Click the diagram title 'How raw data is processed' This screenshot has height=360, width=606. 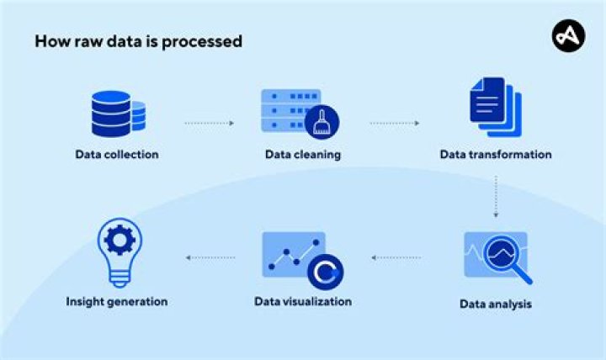pyautogui.click(x=138, y=41)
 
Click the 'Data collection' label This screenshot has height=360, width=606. pyautogui.click(x=117, y=154)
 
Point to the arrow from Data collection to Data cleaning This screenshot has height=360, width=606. pyautogui.click(x=209, y=123)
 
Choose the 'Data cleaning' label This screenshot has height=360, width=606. pyautogui.click(x=303, y=154)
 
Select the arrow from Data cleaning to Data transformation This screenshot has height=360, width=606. pyautogui.click(x=394, y=123)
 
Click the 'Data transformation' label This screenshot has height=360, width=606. pyautogui.click(x=496, y=154)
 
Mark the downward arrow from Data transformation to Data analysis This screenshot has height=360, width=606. pyautogui.click(x=496, y=196)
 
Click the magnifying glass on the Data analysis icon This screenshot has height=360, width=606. pyautogui.click(x=509, y=254)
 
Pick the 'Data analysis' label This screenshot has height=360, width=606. pyautogui.click(x=496, y=304)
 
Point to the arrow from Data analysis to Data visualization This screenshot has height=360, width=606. pyautogui.click(x=396, y=257)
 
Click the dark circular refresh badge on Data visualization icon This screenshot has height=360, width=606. pyautogui.click(x=324, y=271)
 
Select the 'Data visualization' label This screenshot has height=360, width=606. pyautogui.click(x=303, y=301)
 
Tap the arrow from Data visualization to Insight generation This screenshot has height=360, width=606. pyautogui.click(x=210, y=257)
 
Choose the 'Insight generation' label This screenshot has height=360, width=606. pyautogui.click(x=117, y=301)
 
